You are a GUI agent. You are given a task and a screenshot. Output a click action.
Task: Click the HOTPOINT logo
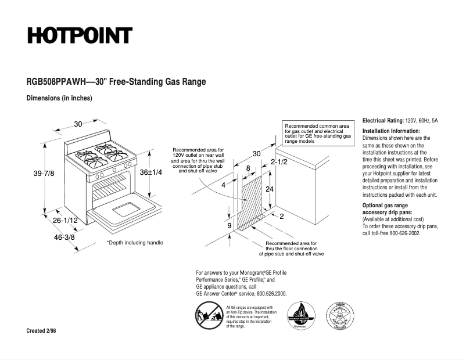[x=80, y=36]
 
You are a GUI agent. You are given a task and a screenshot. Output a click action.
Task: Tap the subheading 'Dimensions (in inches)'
[x=59, y=98]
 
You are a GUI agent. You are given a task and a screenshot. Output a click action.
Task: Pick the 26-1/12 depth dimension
[x=66, y=221]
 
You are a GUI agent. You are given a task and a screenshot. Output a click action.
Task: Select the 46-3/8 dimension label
[x=64, y=237]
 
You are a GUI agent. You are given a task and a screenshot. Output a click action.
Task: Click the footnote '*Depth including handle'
[x=135, y=243]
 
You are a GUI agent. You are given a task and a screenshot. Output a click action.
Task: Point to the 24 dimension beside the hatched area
[x=270, y=190]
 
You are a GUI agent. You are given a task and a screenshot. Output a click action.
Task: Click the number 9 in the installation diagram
[x=229, y=225]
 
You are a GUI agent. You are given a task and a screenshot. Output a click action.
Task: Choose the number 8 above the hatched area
[x=248, y=168]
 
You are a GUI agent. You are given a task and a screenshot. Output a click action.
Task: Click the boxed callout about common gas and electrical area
[x=317, y=134]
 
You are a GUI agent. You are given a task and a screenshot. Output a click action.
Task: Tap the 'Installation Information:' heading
[x=391, y=131]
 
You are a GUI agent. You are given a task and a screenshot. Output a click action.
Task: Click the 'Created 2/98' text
[x=41, y=331]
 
